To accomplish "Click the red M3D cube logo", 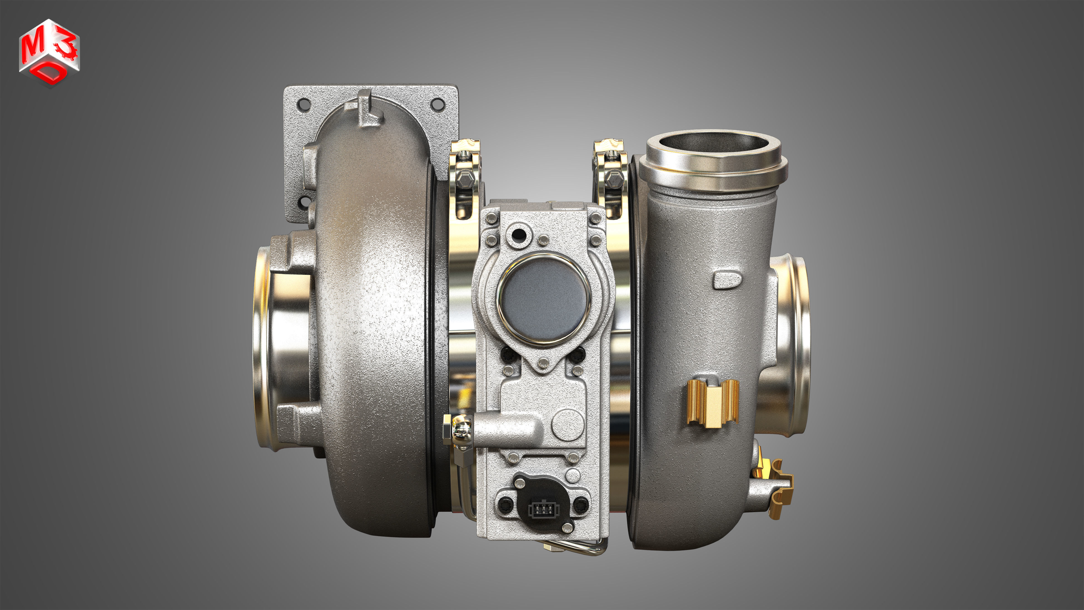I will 49,53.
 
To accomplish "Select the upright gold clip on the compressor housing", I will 713,403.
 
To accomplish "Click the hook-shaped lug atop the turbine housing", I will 365,108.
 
